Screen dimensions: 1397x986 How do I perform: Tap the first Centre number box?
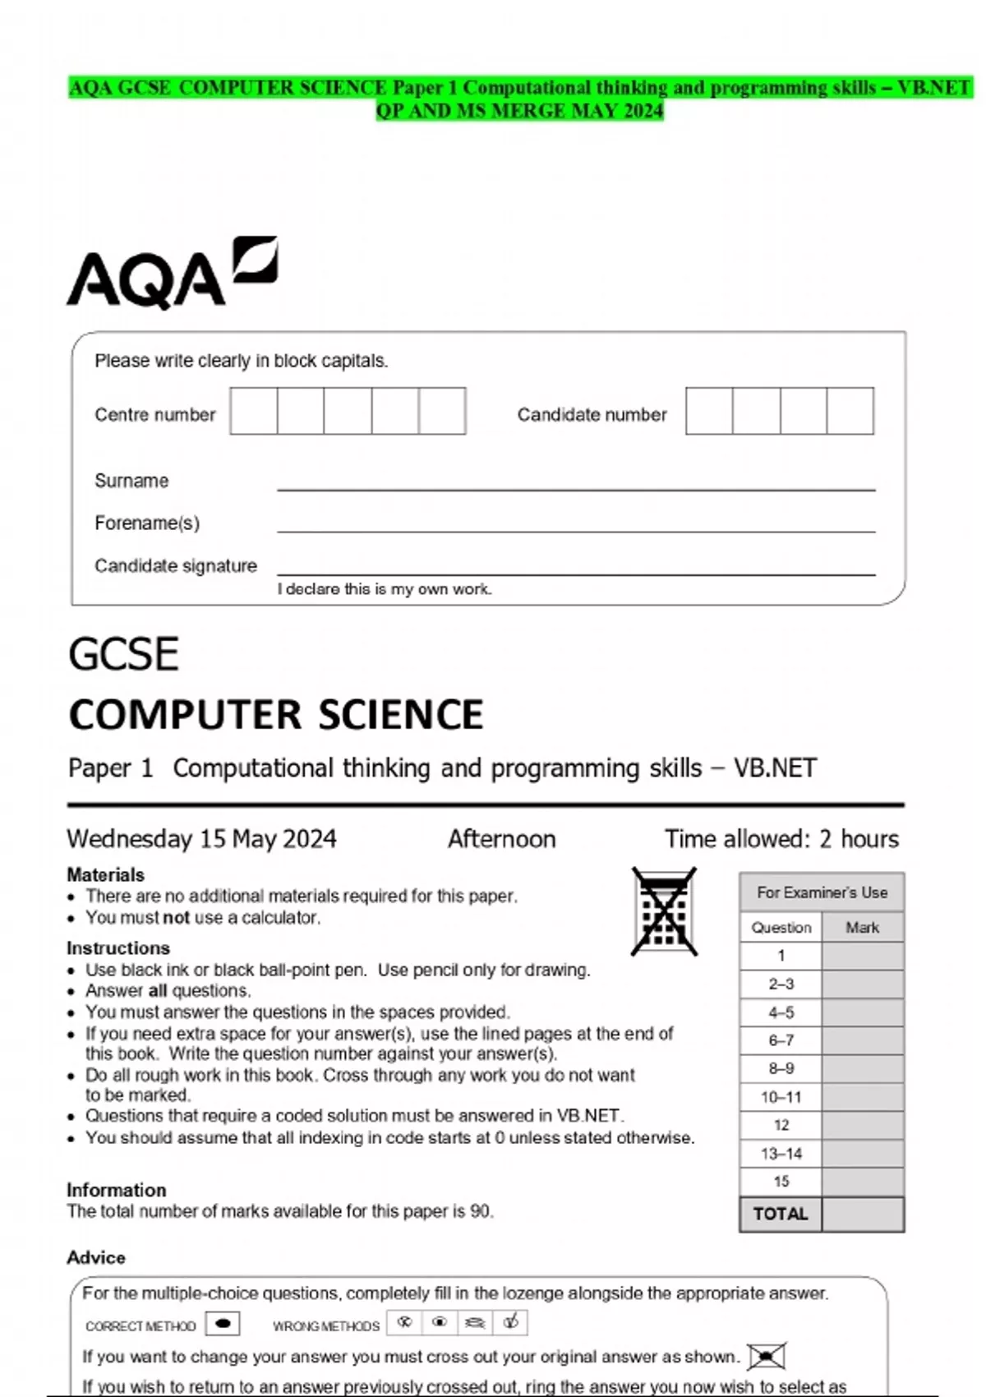(253, 411)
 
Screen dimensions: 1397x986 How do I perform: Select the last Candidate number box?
(850, 411)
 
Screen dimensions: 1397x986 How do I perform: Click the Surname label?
(131, 481)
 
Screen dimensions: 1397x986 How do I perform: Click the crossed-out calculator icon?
(664, 911)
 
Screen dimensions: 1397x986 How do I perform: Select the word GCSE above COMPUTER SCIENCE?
(123, 655)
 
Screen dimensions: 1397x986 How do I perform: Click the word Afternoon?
(501, 839)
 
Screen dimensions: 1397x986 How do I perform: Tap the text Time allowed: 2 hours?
(781, 839)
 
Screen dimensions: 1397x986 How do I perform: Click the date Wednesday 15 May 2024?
(201, 839)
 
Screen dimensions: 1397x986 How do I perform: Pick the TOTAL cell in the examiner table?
(781, 1214)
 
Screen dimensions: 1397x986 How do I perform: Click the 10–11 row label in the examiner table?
(781, 1097)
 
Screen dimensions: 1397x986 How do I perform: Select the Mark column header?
(862, 927)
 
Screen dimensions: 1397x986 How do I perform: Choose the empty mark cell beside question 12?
(862, 1125)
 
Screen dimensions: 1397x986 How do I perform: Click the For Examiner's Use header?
(822, 892)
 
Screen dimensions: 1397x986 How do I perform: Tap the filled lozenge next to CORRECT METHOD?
(222, 1324)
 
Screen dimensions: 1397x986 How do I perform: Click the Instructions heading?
(118, 947)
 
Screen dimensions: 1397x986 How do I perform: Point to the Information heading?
(116, 1190)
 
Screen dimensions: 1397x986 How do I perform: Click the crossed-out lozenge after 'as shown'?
(767, 1356)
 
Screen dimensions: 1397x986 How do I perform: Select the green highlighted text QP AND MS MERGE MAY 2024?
(519, 111)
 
